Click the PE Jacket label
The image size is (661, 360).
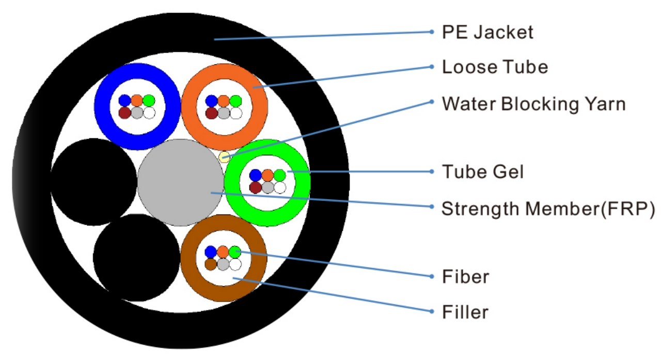487,33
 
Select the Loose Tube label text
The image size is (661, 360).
495,67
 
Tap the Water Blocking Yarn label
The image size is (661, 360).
533,104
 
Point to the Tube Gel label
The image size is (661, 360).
482,171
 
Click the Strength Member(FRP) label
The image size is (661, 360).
548,209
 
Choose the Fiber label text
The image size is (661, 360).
465,277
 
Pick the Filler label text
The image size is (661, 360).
465,312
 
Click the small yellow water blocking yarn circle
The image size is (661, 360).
224,157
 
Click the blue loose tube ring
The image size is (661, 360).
104,106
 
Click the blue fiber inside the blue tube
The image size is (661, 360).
124,100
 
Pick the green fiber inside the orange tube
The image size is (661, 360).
236,100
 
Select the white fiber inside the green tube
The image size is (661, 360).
280,187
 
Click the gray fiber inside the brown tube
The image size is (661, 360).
223,264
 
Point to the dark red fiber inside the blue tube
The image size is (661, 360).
124,113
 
